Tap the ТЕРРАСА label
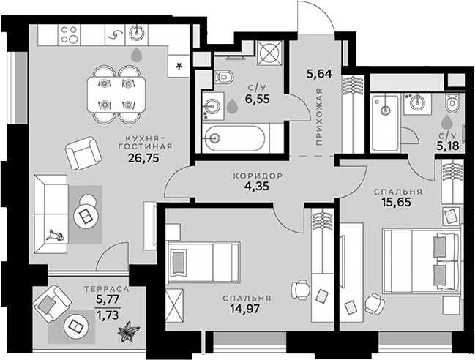tap(106, 290)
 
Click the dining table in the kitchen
tap(118, 93)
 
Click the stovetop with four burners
tap(70, 33)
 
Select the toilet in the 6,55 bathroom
tap(222, 76)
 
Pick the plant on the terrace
tap(130, 332)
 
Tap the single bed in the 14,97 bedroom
tap(202, 261)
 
